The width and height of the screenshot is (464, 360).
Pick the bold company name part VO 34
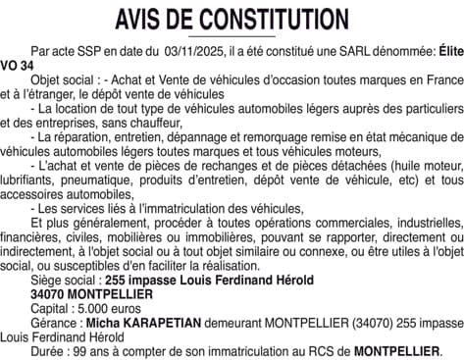click(19, 62)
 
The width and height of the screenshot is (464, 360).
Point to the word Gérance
click(54, 322)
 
